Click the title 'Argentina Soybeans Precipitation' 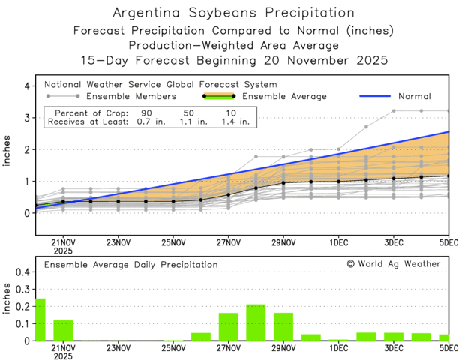pos(233,13)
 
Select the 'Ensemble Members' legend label pos(131,96)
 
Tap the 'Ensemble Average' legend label pos(292,96)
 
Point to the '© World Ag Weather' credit pos(394,264)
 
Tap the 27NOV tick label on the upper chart pos(228,242)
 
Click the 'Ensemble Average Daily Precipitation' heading pos(130,264)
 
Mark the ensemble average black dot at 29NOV pos(283,182)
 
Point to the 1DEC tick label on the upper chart pos(338,242)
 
